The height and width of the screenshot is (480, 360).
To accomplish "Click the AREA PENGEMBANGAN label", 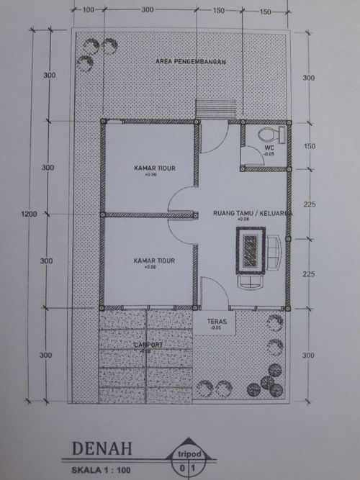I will [190, 63].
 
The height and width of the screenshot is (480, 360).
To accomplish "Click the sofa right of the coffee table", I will [274, 252].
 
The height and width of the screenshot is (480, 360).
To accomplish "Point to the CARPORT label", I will [148, 345].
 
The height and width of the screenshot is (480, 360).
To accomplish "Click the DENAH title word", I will [102, 449].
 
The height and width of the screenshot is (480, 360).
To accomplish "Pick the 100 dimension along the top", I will [89, 11].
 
